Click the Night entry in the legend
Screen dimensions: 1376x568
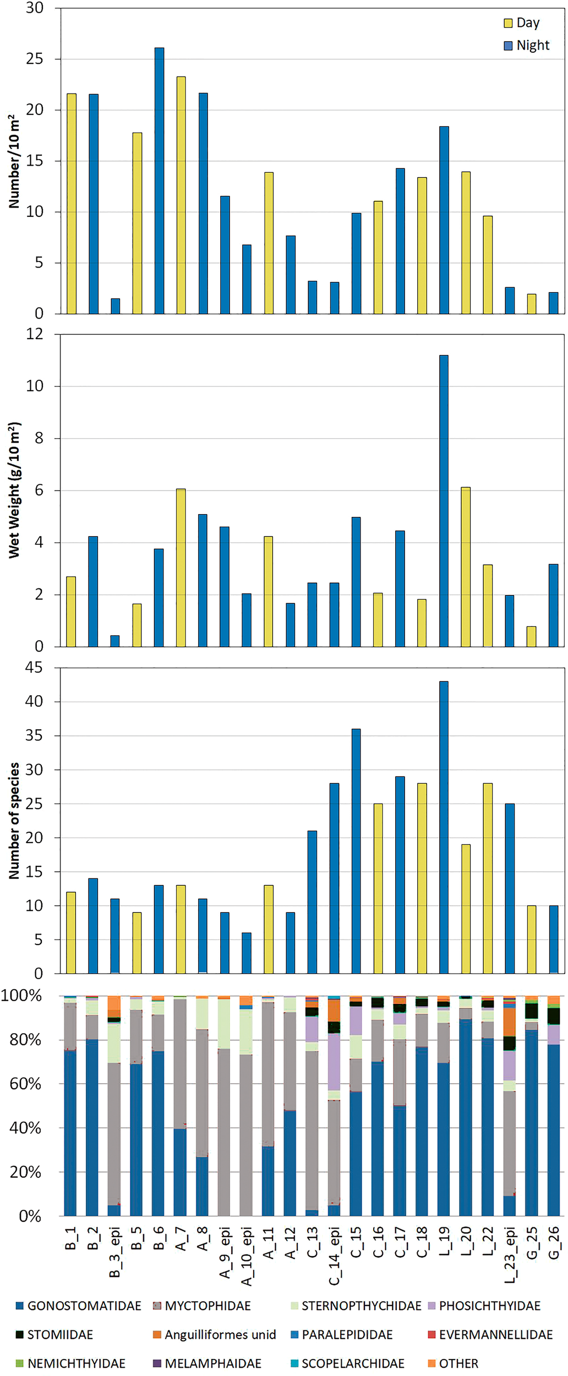[x=526, y=45]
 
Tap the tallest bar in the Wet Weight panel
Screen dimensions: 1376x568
[x=444, y=500]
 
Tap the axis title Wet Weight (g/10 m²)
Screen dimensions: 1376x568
[x=14, y=490]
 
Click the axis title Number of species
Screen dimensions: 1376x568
[x=14, y=820]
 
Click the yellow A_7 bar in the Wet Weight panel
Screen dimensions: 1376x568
[x=181, y=567]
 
